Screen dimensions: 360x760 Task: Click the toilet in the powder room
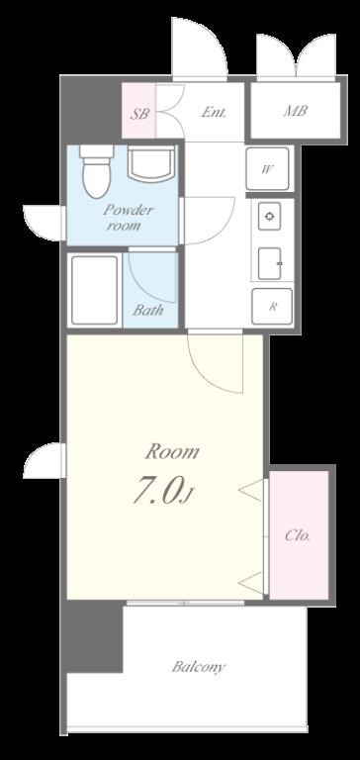(96, 170)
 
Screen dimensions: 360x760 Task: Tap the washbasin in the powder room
(150, 164)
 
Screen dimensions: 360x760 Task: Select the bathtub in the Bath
(95, 290)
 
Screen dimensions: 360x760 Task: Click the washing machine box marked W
(267, 168)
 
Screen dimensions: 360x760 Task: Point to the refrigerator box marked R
(272, 307)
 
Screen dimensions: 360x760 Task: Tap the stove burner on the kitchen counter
(269, 216)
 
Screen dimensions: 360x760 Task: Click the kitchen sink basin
(270, 263)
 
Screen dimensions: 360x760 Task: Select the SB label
(140, 114)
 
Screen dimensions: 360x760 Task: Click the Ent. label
(214, 113)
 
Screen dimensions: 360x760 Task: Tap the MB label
(295, 111)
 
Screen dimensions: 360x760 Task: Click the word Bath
(147, 310)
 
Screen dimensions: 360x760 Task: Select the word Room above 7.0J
(172, 451)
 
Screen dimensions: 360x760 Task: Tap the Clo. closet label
(297, 535)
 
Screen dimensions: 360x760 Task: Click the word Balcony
(199, 667)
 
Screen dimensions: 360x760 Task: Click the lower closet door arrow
(251, 583)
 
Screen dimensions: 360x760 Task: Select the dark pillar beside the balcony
(94, 636)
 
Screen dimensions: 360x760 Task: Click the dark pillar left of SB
(91, 109)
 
